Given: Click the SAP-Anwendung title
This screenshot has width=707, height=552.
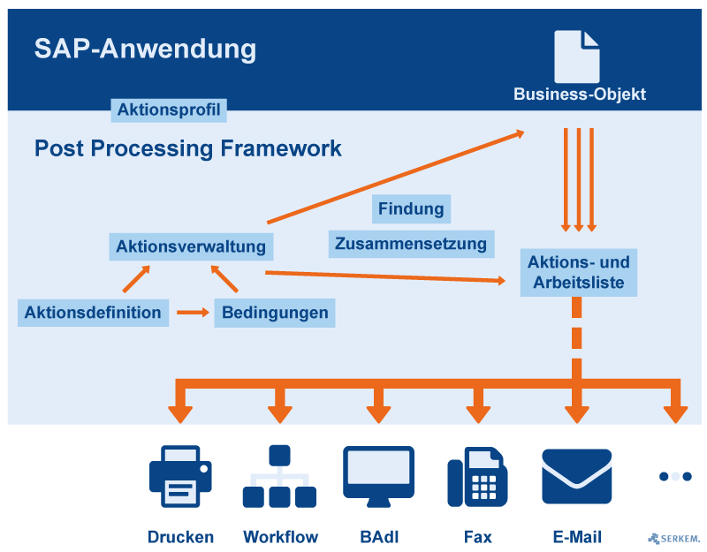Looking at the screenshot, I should (145, 49).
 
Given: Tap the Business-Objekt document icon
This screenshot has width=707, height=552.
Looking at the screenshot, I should (576, 57).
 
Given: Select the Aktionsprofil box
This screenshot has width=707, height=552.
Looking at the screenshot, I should (168, 110).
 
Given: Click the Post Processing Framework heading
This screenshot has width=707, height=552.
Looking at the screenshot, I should (187, 148).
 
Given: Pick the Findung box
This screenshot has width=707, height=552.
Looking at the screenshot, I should (411, 209).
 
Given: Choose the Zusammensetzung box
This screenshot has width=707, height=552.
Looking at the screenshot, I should (411, 244).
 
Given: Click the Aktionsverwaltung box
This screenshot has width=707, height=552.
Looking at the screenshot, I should (191, 246).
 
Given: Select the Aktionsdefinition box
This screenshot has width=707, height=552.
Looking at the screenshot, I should (93, 313).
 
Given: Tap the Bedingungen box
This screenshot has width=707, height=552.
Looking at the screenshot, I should (275, 313).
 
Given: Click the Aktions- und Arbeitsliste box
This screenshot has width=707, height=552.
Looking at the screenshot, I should (579, 273).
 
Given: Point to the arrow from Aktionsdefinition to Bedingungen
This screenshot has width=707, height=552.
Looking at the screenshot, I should (192, 313).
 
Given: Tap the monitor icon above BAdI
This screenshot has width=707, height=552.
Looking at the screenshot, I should (378, 476).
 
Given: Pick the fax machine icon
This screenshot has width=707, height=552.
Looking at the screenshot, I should (477, 478).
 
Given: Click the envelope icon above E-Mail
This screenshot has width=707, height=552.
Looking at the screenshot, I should (576, 476).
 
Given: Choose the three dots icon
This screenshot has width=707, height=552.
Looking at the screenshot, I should (675, 476).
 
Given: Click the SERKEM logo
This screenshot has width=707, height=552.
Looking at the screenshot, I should (674, 538).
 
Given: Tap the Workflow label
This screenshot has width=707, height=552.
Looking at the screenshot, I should (280, 537).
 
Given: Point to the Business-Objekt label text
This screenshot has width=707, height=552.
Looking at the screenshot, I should (580, 95).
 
